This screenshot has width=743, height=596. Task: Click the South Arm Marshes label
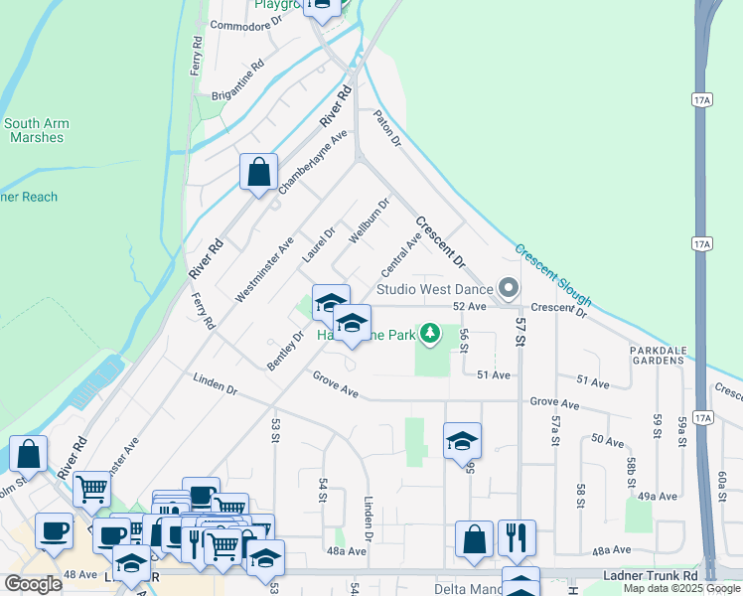(x=37, y=130)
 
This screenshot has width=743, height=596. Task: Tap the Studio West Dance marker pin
(x=509, y=288)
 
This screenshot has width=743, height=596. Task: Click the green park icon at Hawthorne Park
(x=430, y=334)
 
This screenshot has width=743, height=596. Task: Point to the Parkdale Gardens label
(x=658, y=355)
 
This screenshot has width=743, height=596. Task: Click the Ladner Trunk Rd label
(x=652, y=576)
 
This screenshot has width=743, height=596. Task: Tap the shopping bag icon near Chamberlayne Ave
(x=258, y=171)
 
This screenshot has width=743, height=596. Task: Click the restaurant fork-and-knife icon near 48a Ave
(x=517, y=537)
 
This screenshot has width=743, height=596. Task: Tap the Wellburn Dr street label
(x=368, y=221)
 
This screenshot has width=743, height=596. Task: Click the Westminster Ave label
(x=265, y=269)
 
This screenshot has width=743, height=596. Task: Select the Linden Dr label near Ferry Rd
(x=216, y=384)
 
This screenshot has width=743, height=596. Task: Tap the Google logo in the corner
(x=33, y=584)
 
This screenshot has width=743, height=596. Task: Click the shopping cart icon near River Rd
(x=91, y=488)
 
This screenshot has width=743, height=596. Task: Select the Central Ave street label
(x=401, y=255)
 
